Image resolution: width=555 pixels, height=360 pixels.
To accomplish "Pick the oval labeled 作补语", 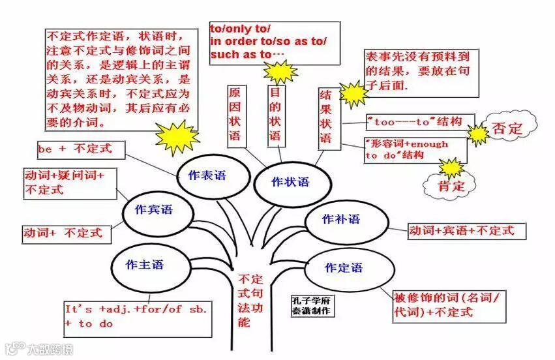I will [x=340, y=220].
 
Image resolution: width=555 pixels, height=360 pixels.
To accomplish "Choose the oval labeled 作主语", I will [x=145, y=265].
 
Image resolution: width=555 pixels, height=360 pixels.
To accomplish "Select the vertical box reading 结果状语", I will [x=325, y=116].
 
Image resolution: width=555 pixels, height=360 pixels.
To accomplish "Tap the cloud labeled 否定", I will [x=507, y=127].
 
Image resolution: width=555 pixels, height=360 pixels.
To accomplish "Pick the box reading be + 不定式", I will [x=74, y=149].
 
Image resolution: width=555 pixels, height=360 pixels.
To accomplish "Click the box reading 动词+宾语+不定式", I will [x=466, y=230].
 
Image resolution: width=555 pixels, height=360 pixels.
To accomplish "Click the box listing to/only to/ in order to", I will [x=274, y=42].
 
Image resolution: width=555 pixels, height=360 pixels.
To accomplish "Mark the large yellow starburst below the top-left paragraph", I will [x=177, y=136].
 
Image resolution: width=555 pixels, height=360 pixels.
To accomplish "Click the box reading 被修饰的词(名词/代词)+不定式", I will [x=449, y=305].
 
